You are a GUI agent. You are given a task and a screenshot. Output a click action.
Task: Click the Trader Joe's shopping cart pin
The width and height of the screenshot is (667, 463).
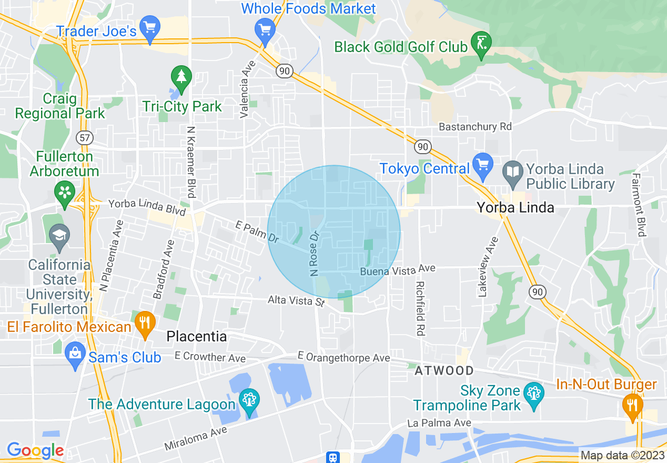(x=150, y=28)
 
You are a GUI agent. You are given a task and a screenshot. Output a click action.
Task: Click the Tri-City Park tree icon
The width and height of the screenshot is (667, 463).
(x=181, y=77)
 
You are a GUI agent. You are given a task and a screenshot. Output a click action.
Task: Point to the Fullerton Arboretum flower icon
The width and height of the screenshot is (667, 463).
(x=65, y=193)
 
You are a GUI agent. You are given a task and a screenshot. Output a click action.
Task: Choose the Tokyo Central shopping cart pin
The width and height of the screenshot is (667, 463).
(x=482, y=164)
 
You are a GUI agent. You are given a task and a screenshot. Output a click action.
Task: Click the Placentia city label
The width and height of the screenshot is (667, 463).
(x=197, y=336)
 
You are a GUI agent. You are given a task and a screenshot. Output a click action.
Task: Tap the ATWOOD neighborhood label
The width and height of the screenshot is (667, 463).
(x=444, y=371)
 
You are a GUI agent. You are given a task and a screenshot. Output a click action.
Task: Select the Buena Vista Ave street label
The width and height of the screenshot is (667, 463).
(x=398, y=270)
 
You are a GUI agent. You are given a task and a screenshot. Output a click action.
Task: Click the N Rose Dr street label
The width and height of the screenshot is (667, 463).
(x=315, y=254)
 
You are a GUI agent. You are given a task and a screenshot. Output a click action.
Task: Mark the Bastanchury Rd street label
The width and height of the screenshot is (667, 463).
(x=475, y=127)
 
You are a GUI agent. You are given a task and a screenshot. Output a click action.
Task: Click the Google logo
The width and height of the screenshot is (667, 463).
(x=35, y=450)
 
